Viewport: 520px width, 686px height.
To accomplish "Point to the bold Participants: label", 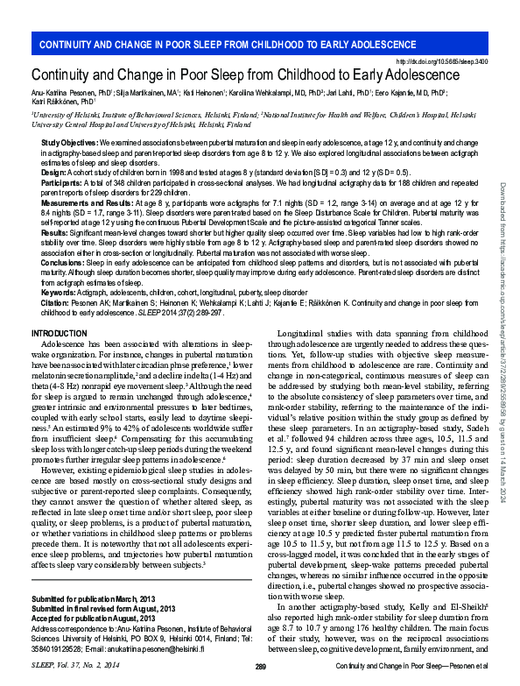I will pos(64,184).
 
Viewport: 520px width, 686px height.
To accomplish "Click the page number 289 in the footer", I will pos(260,668).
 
